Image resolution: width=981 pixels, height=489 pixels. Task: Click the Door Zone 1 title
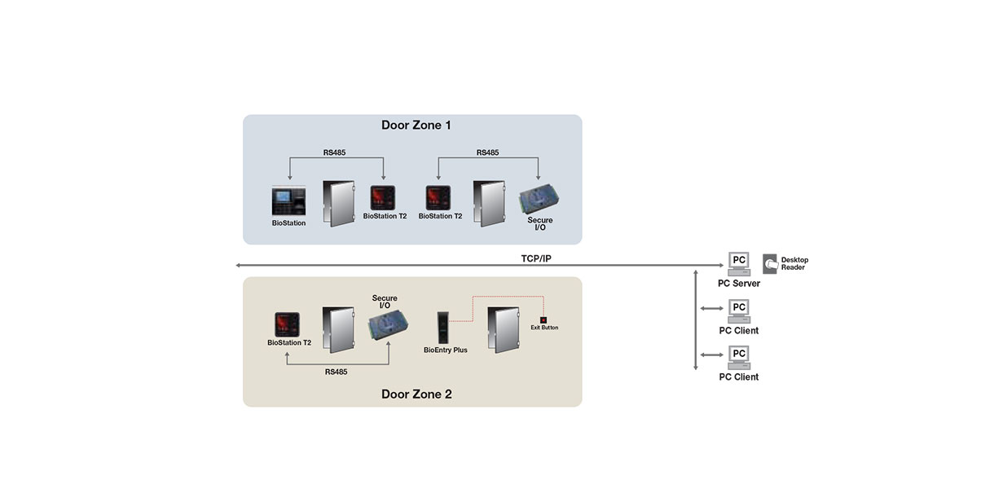pos(416,126)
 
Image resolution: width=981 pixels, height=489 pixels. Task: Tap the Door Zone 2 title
pos(416,394)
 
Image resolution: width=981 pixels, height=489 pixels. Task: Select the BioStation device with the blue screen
pos(288,201)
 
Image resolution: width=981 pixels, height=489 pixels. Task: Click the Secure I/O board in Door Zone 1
pos(539,200)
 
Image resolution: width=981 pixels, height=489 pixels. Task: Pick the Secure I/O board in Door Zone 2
pos(388,324)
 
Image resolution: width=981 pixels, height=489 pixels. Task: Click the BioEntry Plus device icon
pos(443,328)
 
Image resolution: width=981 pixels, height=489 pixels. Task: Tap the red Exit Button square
pos(543,320)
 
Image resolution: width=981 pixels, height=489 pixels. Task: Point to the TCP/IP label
pos(536,258)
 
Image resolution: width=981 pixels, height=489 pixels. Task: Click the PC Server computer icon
pos(739,264)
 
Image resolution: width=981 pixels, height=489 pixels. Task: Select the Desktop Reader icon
pos(770,264)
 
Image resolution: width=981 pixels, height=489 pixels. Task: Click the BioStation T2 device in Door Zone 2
pos(287,324)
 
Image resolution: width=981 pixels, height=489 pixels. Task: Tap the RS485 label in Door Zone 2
pos(336,372)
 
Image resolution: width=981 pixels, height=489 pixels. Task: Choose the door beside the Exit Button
pos(504,329)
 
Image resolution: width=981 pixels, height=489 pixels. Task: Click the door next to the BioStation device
pos(338,204)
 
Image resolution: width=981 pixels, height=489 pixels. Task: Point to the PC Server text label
pos(739,284)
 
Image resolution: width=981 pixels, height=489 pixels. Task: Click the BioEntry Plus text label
pos(446,350)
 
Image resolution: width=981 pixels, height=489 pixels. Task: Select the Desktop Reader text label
pos(794,264)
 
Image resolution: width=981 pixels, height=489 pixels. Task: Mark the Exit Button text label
pos(544,328)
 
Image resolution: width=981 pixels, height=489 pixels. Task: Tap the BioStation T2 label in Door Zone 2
pos(289,342)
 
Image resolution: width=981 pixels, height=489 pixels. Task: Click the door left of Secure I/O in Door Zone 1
pos(489,204)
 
